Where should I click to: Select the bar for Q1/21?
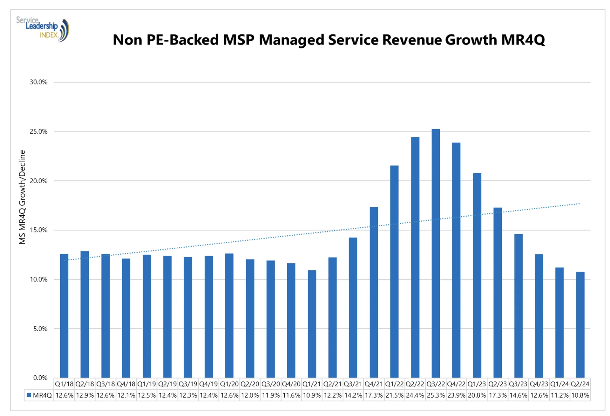click(x=312, y=324)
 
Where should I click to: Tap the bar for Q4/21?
click(x=374, y=292)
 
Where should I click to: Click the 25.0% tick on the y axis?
click(x=38, y=131)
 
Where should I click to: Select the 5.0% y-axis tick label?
click(x=40, y=329)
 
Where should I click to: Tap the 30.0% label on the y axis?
click(x=38, y=82)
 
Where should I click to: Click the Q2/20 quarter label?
click(x=250, y=384)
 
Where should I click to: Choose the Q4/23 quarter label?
click(x=539, y=384)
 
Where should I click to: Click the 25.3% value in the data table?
click(x=436, y=395)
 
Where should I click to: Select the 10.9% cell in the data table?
click(x=312, y=395)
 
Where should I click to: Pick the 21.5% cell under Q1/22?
click(x=394, y=395)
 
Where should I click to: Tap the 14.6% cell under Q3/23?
click(x=518, y=395)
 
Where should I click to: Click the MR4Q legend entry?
click(x=39, y=395)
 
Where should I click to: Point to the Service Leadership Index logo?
click(x=43, y=29)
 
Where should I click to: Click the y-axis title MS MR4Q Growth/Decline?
click(x=22, y=197)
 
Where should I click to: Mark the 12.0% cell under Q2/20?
click(x=250, y=395)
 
